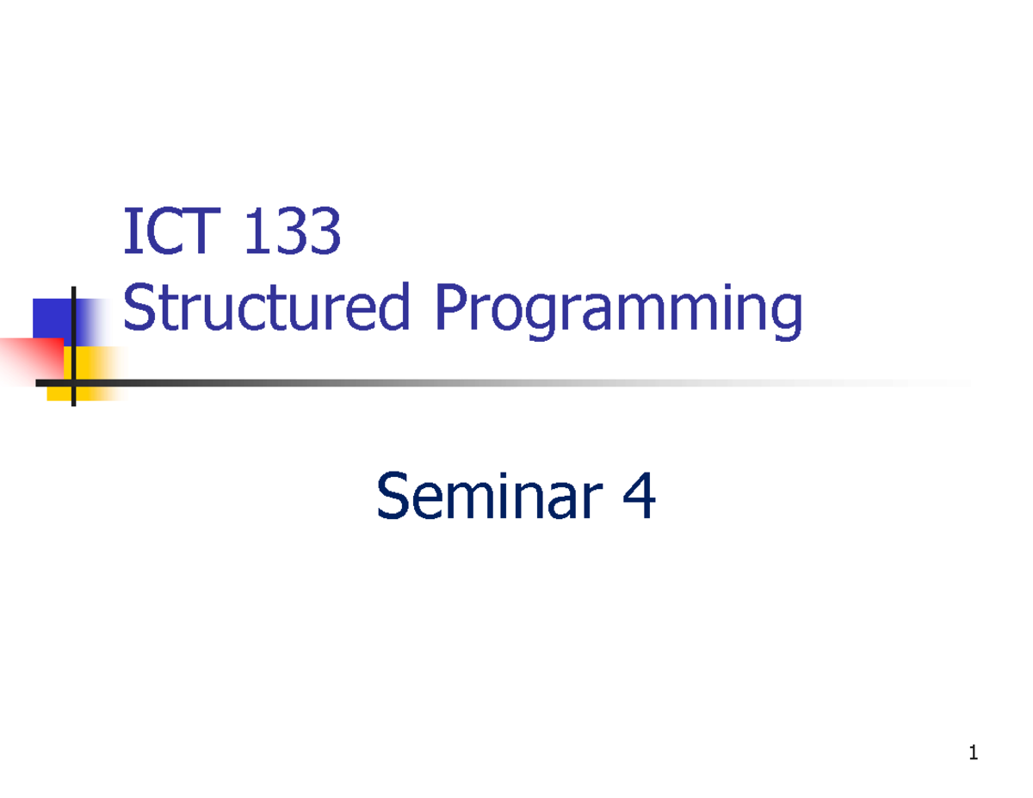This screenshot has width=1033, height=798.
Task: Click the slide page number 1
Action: coord(973,755)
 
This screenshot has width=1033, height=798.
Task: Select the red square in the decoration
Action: coord(30,360)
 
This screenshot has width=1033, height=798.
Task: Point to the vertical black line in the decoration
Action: coord(73,344)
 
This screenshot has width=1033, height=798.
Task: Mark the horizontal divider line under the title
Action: coord(516,382)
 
